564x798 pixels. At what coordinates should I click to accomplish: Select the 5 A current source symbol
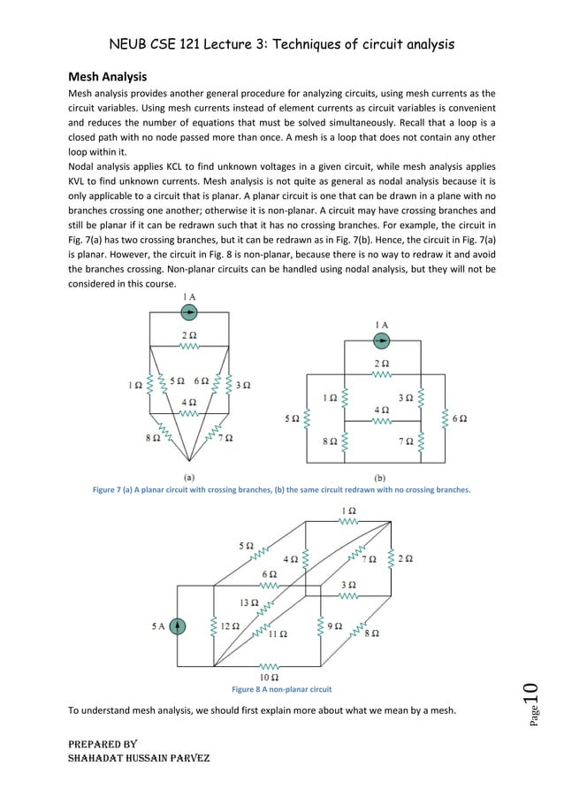click(179, 626)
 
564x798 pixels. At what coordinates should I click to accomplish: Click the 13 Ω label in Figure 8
click(249, 602)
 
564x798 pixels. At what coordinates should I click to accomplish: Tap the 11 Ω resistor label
click(278, 633)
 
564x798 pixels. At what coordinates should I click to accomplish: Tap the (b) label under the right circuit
click(382, 476)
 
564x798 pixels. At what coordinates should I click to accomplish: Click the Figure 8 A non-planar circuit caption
click(281, 688)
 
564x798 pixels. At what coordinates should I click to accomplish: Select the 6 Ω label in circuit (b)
click(459, 418)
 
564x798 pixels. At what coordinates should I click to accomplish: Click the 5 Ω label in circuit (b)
click(293, 418)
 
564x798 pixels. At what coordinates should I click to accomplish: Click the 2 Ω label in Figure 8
click(406, 558)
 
